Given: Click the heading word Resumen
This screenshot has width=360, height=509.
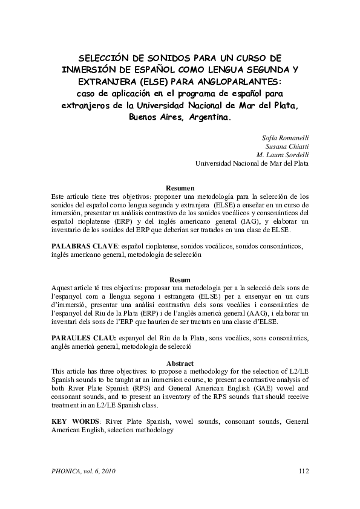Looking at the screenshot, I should pos(180,188).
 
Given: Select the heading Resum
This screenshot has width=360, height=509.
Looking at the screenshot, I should pos(180,280).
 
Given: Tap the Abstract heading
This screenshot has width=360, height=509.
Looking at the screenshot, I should pos(180,363).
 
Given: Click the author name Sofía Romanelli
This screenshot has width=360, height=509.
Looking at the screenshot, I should pos(283,138).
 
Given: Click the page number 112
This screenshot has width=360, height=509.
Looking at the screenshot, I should pos(304,471).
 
